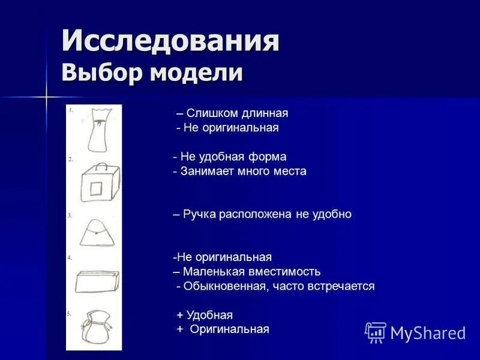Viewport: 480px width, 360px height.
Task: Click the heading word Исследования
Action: [x=170, y=42]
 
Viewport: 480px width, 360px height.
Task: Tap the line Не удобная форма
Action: [x=233, y=157]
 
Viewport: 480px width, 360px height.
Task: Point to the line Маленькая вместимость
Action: [x=251, y=272]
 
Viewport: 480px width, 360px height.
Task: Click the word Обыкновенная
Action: [x=226, y=286]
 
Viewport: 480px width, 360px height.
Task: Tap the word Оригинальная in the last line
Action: [x=229, y=329]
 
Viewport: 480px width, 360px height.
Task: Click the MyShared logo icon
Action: [x=376, y=332]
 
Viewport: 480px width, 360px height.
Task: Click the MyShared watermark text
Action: [x=428, y=333]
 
